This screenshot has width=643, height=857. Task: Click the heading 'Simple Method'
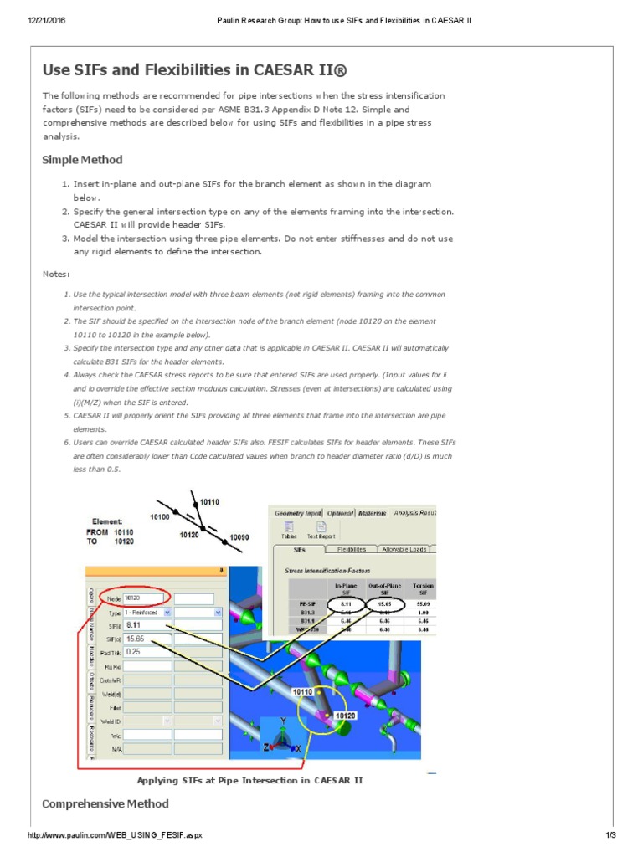point(82,160)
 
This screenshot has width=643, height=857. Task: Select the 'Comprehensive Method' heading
point(105,803)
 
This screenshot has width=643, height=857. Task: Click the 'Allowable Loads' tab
point(404,550)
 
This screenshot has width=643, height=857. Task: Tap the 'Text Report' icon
point(321,531)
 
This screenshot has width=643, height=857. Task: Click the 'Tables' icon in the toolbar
point(289,531)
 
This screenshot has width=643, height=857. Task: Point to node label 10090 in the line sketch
point(240,536)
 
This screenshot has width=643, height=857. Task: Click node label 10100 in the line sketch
point(160,517)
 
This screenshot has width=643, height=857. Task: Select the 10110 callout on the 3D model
point(302,692)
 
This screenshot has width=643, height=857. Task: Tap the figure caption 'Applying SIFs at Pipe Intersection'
point(249,779)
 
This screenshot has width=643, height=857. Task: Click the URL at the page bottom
point(115,836)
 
